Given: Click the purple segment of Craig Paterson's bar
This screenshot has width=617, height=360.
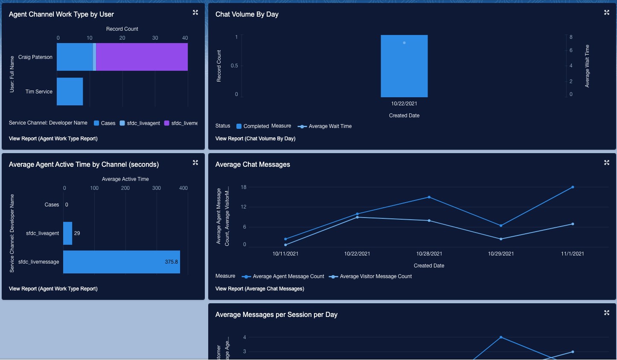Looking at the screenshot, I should (x=142, y=57).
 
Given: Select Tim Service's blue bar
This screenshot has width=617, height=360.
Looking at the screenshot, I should (x=70, y=91).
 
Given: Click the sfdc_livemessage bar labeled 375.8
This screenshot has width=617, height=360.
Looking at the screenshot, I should (x=121, y=262).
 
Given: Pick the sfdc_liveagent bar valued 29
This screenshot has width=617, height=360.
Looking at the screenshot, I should (x=67, y=233).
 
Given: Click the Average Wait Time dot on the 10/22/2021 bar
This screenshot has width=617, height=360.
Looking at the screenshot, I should (x=404, y=43).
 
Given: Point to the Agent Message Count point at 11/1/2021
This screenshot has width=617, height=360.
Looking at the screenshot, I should (x=573, y=187).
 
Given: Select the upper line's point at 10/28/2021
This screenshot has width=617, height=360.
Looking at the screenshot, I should (x=429, y=197).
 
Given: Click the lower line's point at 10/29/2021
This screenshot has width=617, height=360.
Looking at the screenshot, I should (x=501, y=239).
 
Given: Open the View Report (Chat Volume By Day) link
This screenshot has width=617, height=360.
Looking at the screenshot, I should (x=255, y=139).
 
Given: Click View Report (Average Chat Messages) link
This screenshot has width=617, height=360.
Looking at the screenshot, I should (x=259, y=289).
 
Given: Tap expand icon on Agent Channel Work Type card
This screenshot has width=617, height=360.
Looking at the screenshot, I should (x=195, y=12).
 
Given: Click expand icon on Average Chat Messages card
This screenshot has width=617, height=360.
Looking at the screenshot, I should (x=607, y=163).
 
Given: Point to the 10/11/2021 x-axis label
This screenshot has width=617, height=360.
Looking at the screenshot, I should (x=285, y=254).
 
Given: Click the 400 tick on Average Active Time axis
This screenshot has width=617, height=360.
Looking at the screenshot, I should (x=183, y=188).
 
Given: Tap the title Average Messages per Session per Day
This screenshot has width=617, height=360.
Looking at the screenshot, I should (x=276, y=315).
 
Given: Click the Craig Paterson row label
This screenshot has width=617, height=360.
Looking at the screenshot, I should (x=35, y=57).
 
